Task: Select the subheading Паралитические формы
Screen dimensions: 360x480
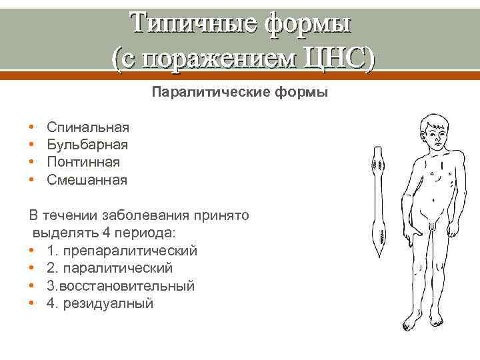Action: click(x=240, y=92)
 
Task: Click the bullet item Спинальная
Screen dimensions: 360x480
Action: click(x=88, y=127)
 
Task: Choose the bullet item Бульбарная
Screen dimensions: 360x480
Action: click(x=88, y=144)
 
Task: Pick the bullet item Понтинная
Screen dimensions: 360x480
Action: click(x=84, y=162)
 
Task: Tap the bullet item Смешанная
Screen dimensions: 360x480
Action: click(x=87, y=179)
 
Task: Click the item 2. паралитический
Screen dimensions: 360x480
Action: click(x=110, y=268)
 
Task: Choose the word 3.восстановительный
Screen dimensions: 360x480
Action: click(x=121, y=286)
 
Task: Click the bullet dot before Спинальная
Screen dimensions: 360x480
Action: click(x=32, y=127)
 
